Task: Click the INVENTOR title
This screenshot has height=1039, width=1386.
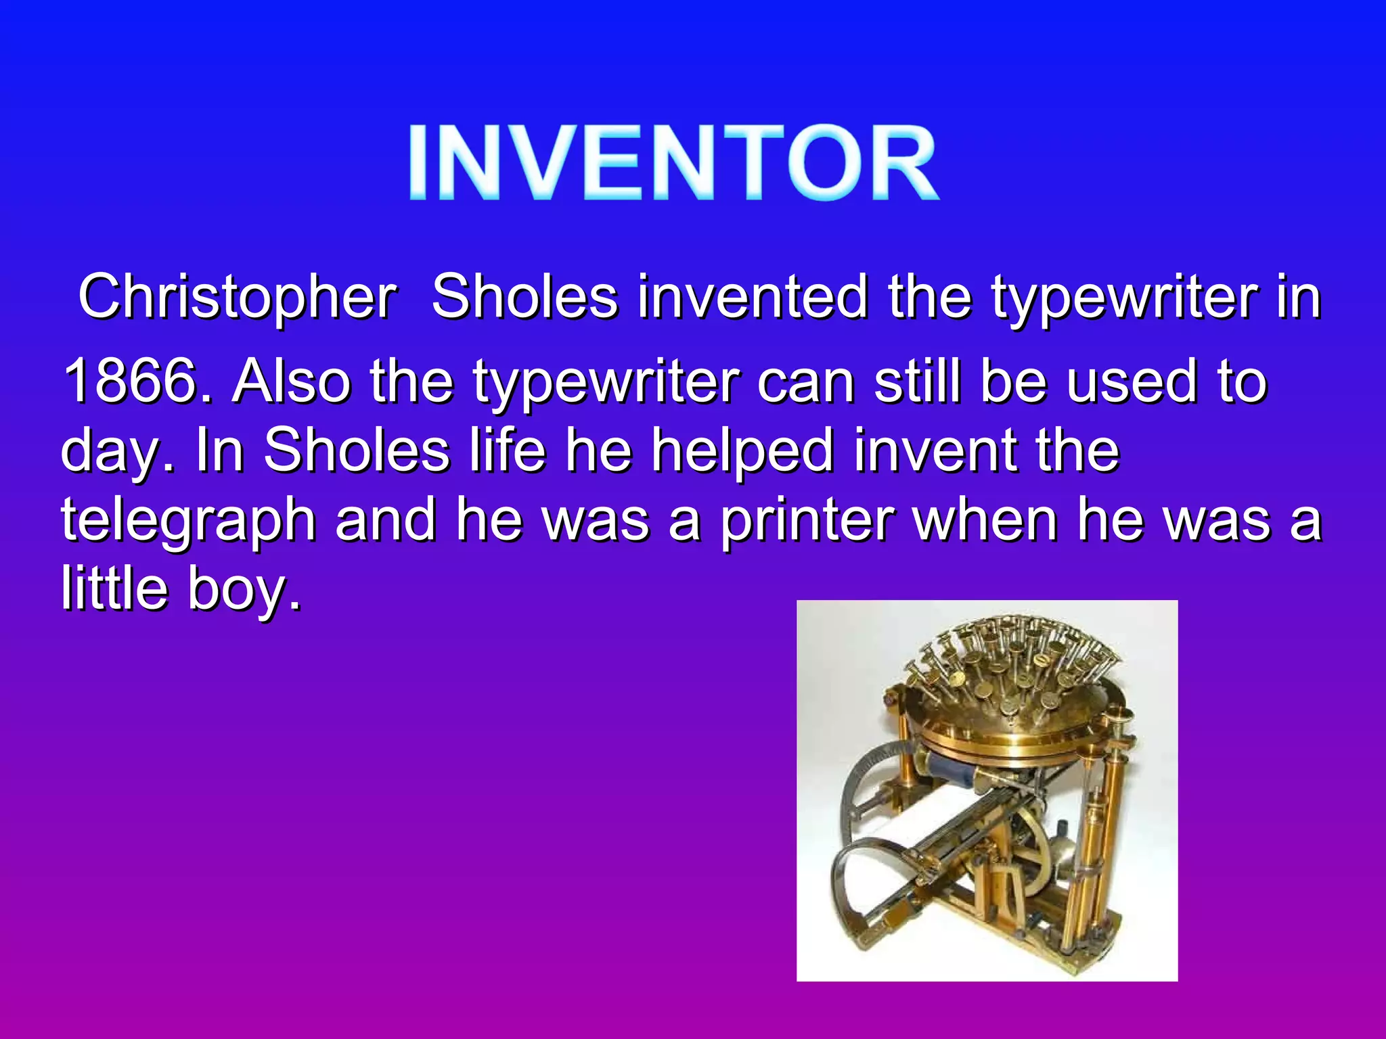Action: [x=673, y=162]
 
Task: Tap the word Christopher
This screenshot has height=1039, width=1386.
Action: [x=238, y=298]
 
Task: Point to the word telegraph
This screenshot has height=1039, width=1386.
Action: [x=189, y=522]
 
